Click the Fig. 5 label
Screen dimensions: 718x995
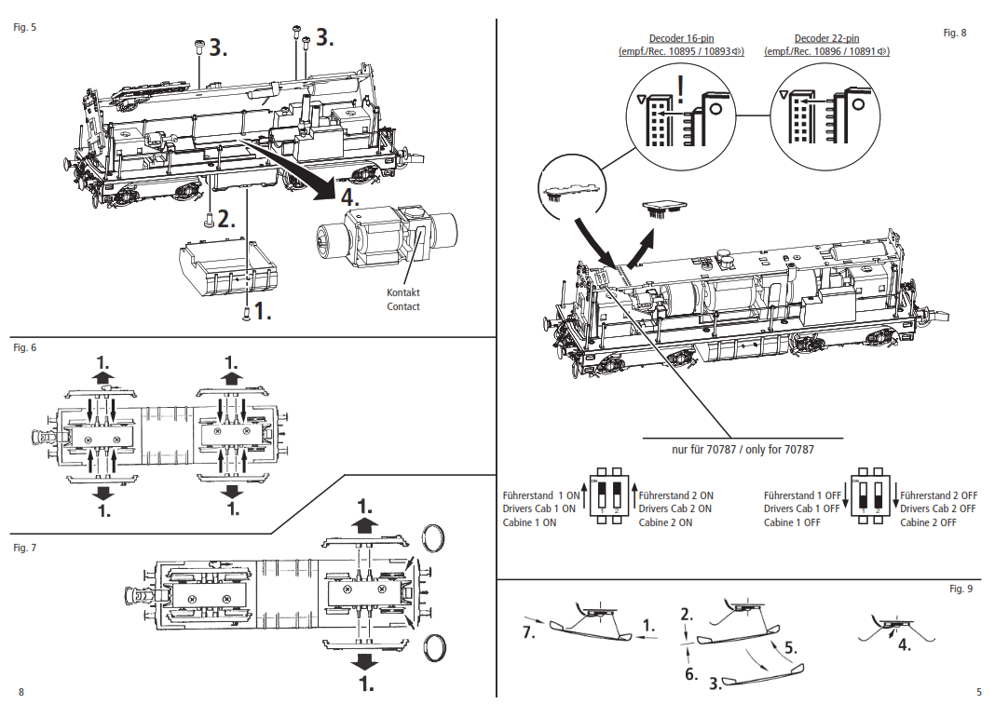point(25,27)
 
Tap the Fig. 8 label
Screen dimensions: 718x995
point(955,33)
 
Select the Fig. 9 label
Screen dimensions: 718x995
point(961,589)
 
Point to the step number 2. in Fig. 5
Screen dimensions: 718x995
point(228,220)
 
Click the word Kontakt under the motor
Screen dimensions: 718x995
point(403,292)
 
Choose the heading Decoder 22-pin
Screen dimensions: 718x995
point(826,38)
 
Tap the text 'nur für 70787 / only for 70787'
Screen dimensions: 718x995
point(743,449)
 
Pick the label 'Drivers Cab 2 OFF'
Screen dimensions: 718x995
point(938,509)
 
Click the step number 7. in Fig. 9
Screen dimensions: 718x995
point(528,633)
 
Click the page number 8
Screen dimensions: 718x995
point(20,692)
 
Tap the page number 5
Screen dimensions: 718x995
point(978,692)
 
